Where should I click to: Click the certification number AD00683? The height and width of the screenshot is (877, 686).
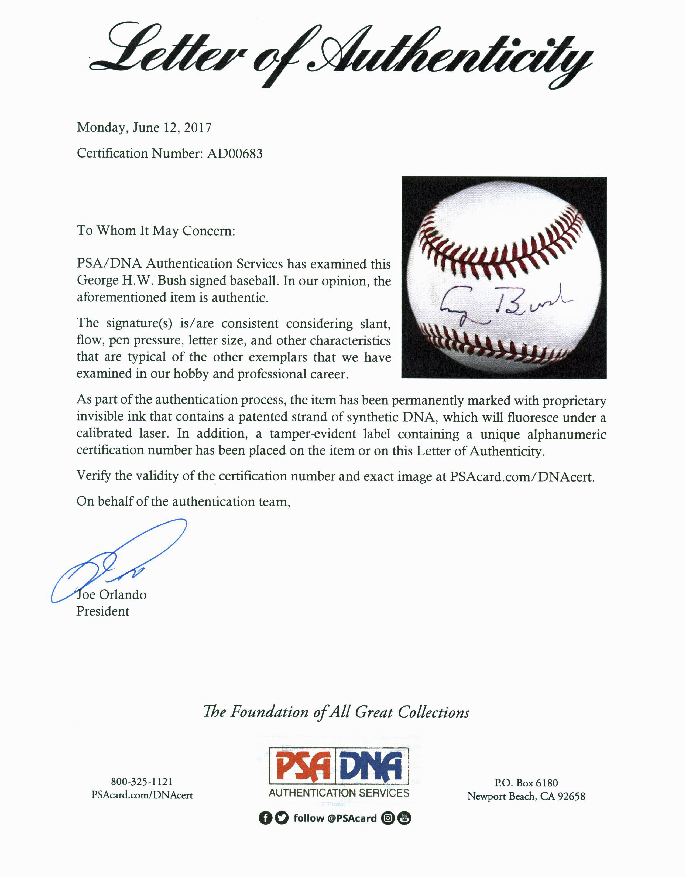click(235, 153)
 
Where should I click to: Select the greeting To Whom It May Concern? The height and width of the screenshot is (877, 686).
click(156, 231)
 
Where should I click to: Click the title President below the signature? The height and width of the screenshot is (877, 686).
click(103, 612)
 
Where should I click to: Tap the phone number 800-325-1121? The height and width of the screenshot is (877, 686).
click(142, 782)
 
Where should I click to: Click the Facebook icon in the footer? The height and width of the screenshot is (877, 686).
click(265, 818)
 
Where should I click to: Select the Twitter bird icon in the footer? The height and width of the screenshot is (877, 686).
click(282, 818)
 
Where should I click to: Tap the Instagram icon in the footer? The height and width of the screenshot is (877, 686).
click(387, 818)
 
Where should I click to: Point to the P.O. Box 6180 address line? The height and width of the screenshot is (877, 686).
click(526, 783)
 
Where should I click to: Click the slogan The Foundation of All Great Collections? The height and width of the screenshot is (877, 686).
click(336, 712)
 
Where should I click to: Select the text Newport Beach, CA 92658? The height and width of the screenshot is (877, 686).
click(526, 796)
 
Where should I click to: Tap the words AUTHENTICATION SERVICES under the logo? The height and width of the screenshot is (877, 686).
click(339, 793)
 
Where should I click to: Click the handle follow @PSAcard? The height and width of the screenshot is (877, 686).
click(335, 818)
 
